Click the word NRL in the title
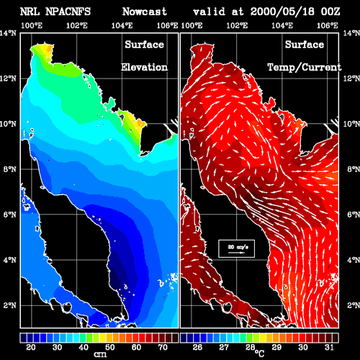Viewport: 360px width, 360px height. [30, 12]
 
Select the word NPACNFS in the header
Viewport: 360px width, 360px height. [68, 12]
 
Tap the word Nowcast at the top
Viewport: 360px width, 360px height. [145, 12]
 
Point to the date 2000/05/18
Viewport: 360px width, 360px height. [282, 12]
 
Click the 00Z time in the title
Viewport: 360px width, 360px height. [330, 12]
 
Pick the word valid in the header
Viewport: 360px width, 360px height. [209, 12]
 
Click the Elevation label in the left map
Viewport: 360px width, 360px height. [144, 67]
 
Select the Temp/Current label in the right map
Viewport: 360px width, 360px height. [305, 68]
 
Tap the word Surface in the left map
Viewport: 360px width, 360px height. [144, 45]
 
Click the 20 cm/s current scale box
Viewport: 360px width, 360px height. [236, 248]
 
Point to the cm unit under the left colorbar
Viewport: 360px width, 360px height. [100, 354]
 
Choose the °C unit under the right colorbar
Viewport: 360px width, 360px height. [260, 353]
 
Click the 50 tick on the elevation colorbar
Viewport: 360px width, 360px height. [109, 347]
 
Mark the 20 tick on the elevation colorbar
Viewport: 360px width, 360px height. [31, 347]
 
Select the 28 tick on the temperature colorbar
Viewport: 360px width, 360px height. [250, 347]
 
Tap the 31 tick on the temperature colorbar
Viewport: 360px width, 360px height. [329, 347]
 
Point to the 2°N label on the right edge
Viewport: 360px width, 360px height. [354, 305]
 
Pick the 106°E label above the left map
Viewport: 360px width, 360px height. [167, 25]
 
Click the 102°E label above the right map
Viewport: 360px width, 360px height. [237, 25]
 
